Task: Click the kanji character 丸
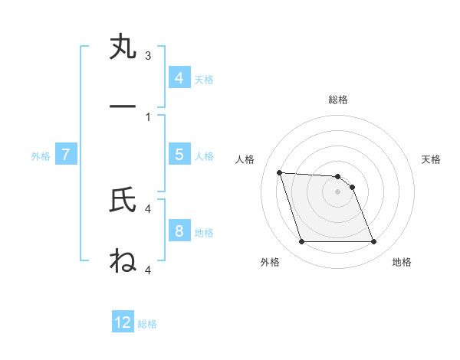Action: [123, 47]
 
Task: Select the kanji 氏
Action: [123, 201]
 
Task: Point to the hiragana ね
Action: [123, 260]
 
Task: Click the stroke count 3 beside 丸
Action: [148, 56]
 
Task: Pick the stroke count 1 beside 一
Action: [148, 116]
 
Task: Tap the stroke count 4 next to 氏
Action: [148, 208]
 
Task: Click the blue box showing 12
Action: [123, 322]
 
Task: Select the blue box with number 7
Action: [66, 155]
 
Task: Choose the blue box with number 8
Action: [179, 231]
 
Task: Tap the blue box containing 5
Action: [179, 155]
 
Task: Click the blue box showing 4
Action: [179, 78]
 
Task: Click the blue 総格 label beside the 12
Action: [147, 324]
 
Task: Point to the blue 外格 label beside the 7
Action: [41, 156]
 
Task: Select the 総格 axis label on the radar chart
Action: [337, 100]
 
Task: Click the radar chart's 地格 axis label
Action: [402, 262]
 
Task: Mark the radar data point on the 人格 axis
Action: [279, 172]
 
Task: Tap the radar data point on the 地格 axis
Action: [373, 242]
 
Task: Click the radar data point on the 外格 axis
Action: [301, 242]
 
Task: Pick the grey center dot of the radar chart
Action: [337, 191]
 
